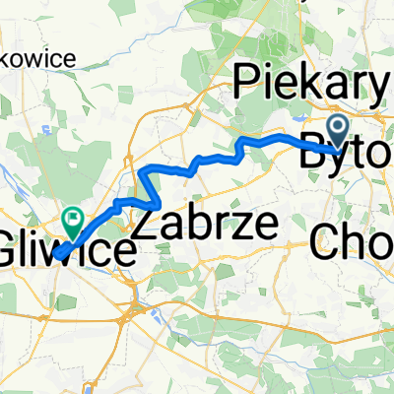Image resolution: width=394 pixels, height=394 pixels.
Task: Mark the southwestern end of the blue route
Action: [x=55, y=255]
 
